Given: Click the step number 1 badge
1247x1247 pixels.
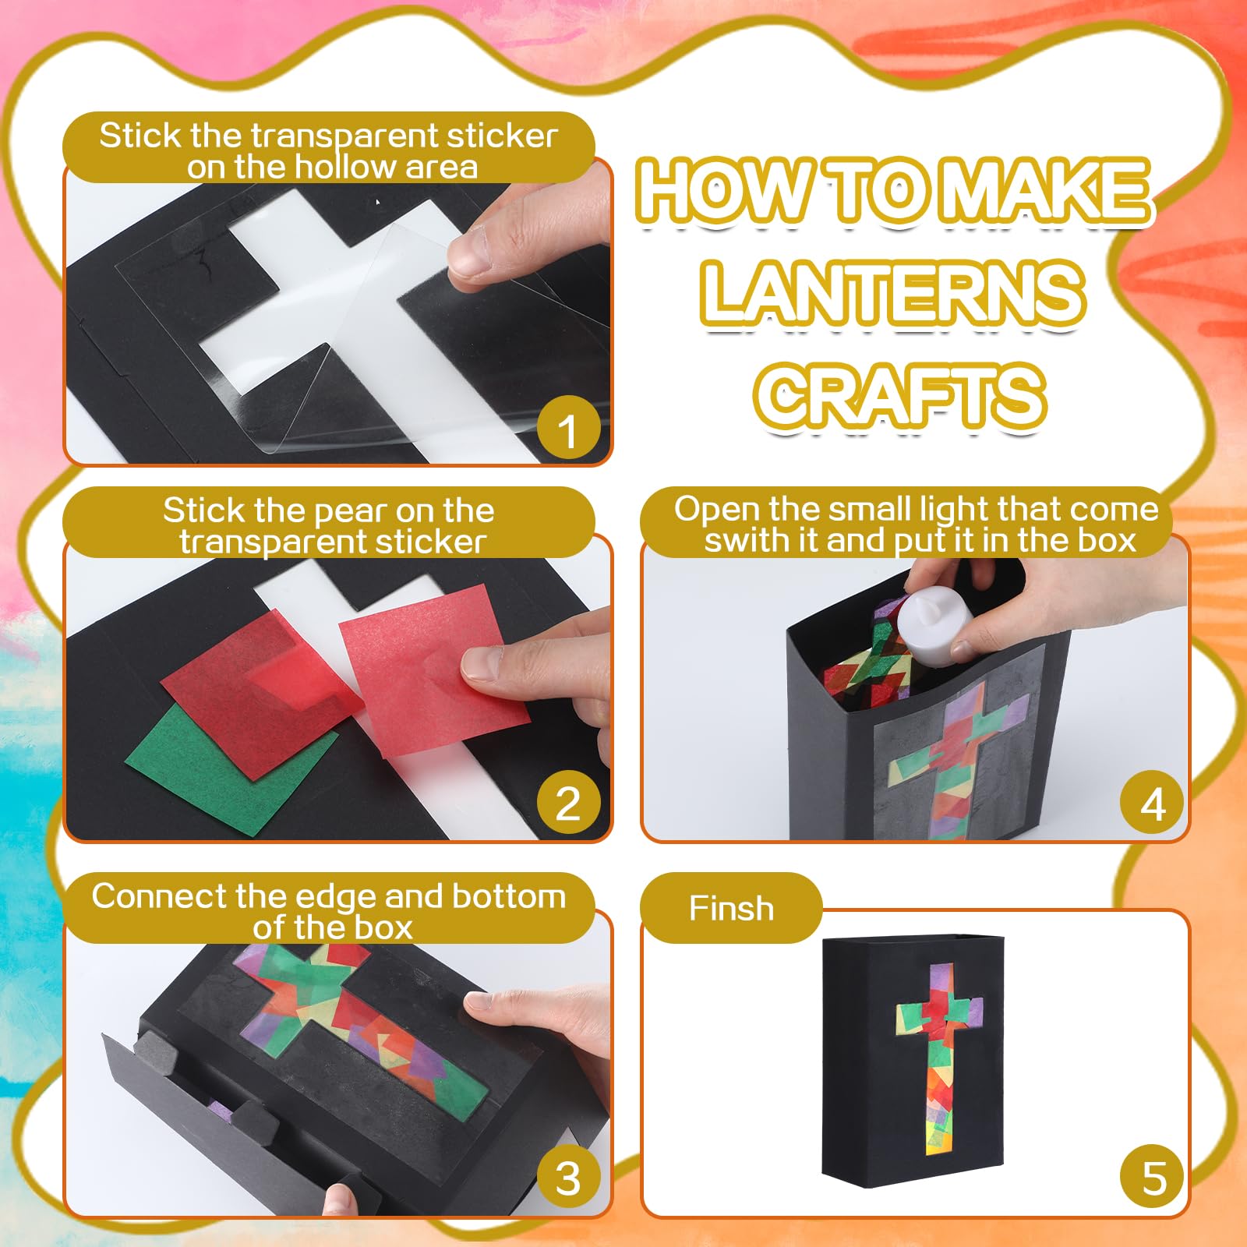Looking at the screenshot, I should (568, 429).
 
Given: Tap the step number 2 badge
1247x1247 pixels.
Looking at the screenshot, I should (568, 803).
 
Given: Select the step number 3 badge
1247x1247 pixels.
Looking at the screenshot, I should (568, 1178).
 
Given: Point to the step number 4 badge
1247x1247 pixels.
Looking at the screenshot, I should (1153, 803).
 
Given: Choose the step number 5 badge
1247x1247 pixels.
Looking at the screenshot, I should (1153, 1178).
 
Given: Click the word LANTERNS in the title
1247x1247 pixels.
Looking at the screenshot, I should (892, 294).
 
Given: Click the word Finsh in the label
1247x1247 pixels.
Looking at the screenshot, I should (731, 909).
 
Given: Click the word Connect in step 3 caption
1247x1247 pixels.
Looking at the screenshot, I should (158, 896).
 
